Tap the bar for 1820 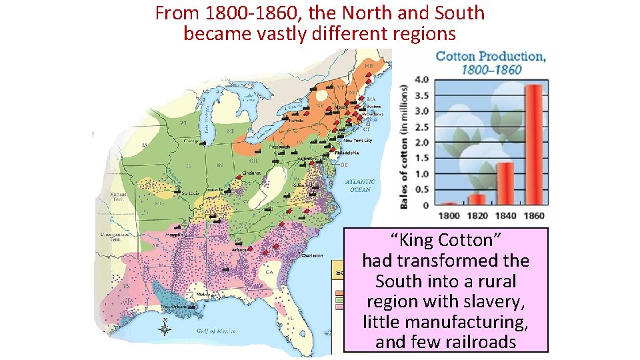tap(477, 199)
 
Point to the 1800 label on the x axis tap(450, 215)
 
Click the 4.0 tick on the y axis tap(422, 79)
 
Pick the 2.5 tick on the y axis tap(422, 127)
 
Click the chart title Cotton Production tap(491, 56)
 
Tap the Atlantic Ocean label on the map tap(360, 185)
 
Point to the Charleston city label tap(313, 255)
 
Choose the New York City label tap(358, 141)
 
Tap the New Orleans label tap(174, 307)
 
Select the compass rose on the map tap(166, 327)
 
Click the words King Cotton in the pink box tap(446, 240)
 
